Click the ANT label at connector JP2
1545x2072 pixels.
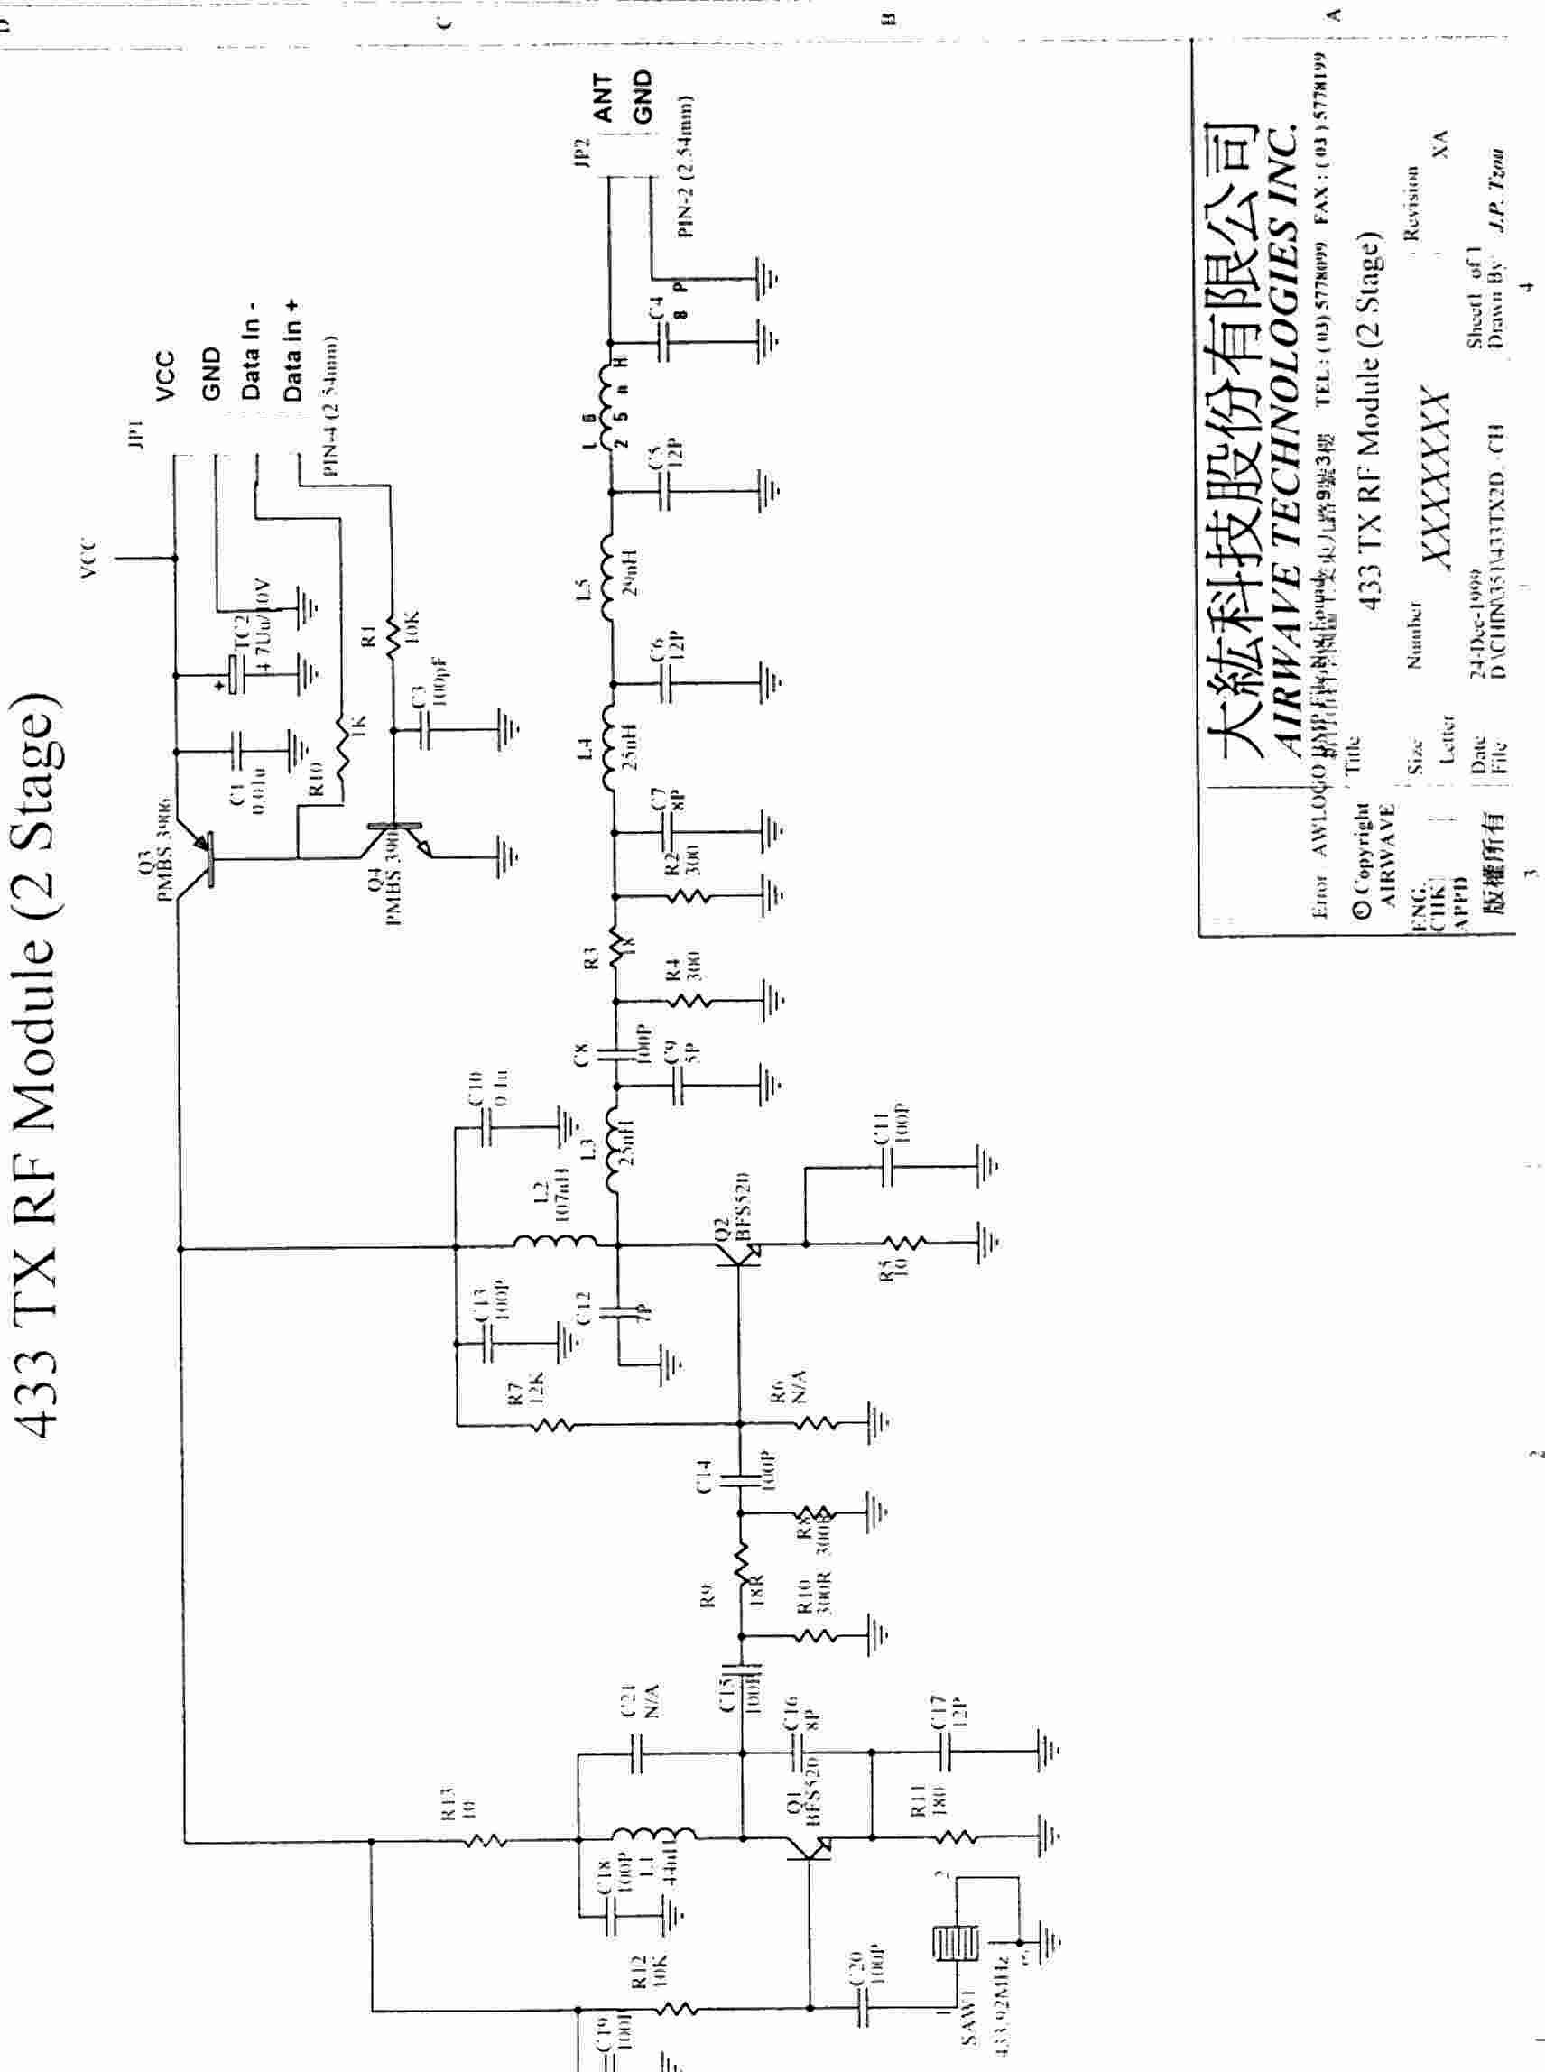(x=603, y=98)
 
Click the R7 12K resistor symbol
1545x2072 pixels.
(x=551, y=1425)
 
